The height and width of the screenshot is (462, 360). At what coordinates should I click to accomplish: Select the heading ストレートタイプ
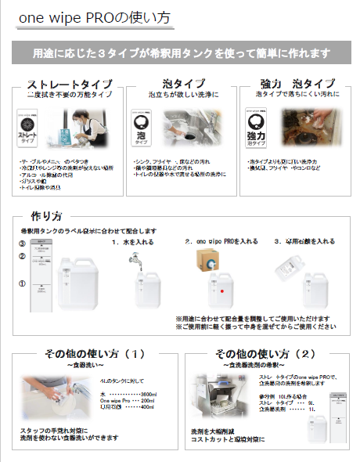click(x=69, y=84)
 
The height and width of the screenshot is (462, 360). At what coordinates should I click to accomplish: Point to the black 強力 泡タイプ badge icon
click(x=259, y=125)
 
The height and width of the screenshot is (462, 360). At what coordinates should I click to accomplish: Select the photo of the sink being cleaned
click(x=193, y=125)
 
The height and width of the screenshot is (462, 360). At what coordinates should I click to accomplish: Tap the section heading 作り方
click(x=46, y=215)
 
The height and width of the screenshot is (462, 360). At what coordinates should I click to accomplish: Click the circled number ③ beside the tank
click(x=22, y=244)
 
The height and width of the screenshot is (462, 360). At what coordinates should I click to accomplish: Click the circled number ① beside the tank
click(x=22, y=283)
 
